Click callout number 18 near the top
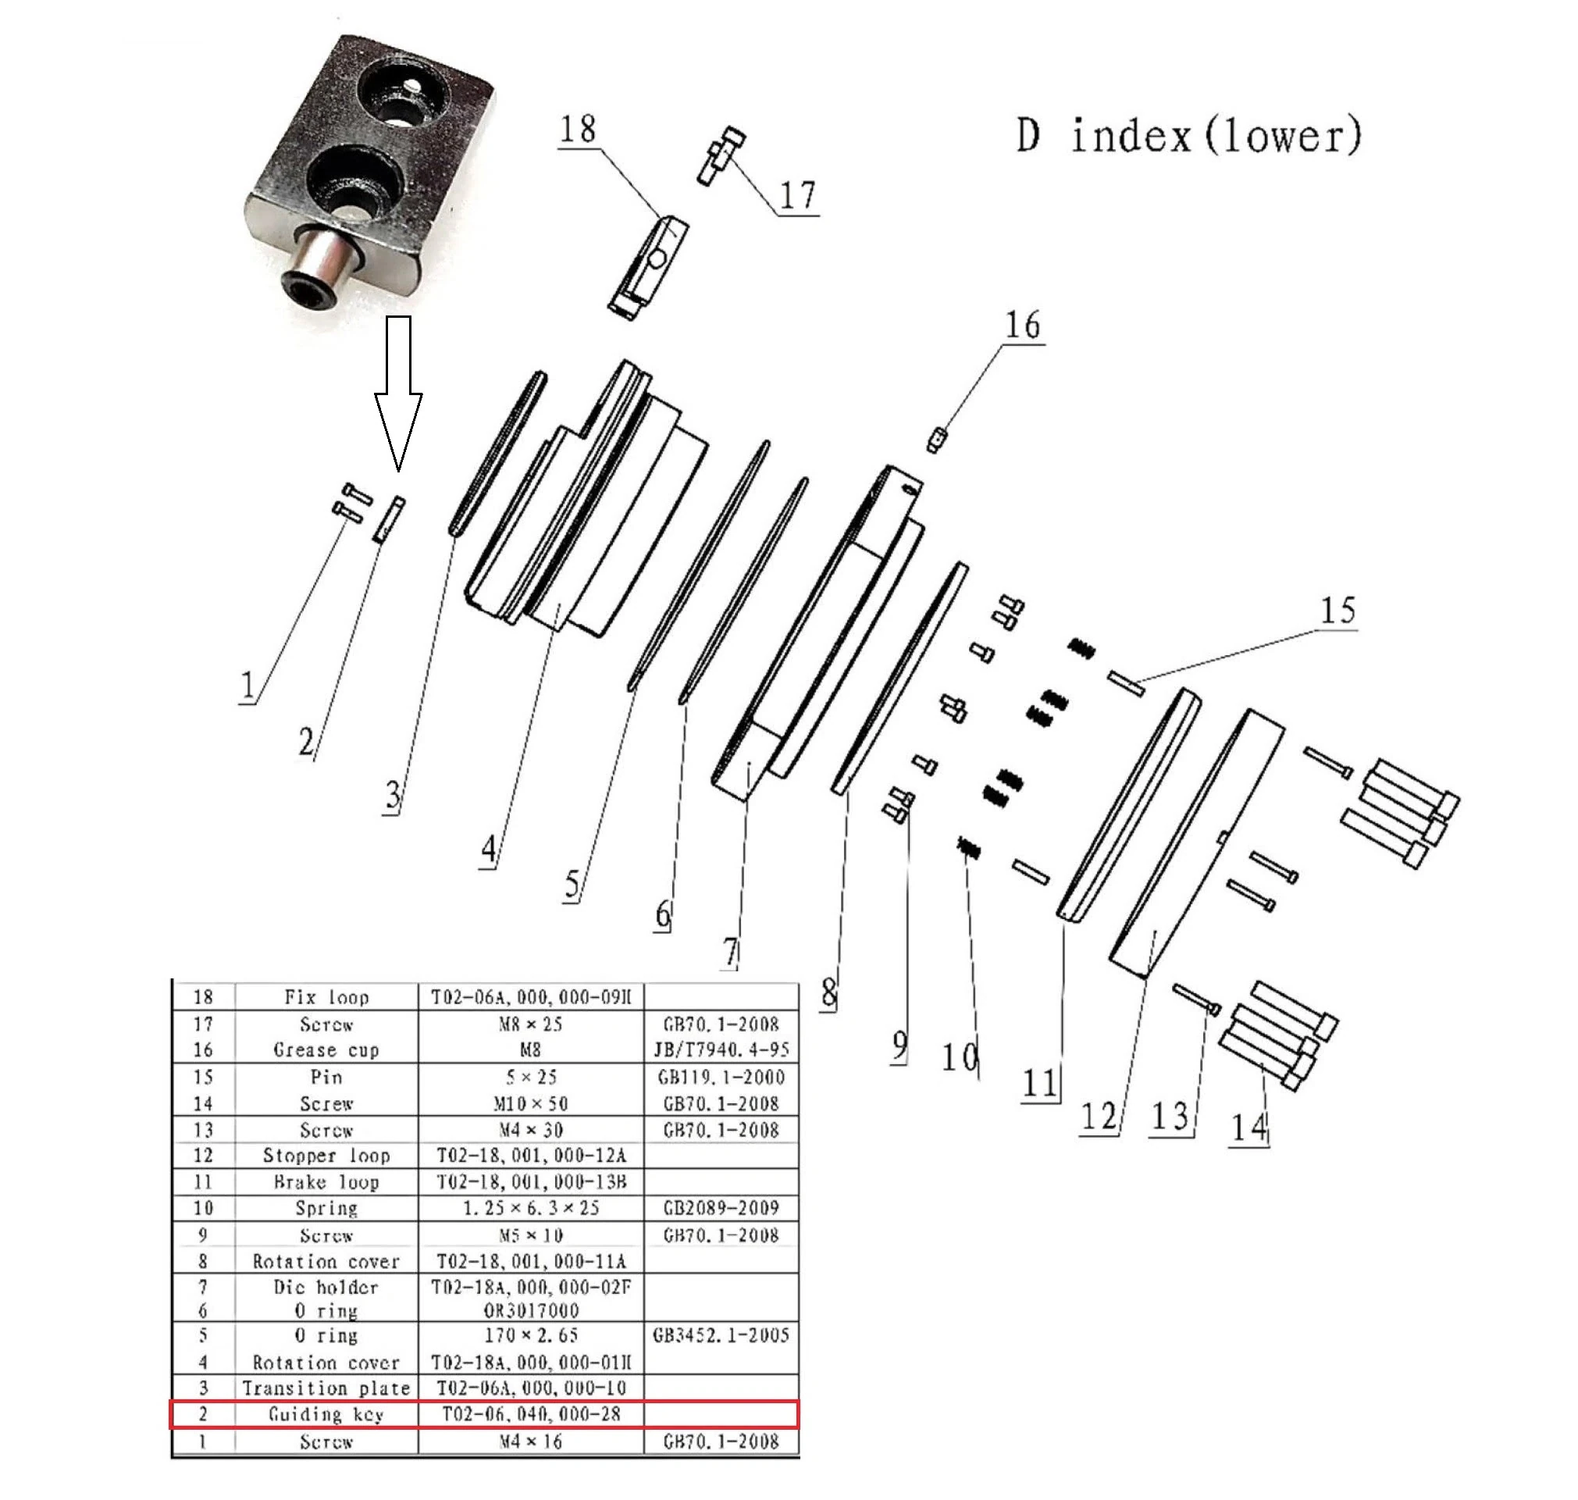[577, 129]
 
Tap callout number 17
[797, 195]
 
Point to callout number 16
[1022, 326]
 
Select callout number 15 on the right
[1338, 611]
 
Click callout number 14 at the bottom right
[1249, 1128]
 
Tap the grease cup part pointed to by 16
[937, 440]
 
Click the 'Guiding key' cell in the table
[326, 1414]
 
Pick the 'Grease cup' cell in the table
[326, 1049]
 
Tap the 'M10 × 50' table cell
[530, 1104]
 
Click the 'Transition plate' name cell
[326, 1388]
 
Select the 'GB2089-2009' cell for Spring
[720, 1208]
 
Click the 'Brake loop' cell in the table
[326, 1181]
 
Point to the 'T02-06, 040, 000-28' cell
[530, 1414]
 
